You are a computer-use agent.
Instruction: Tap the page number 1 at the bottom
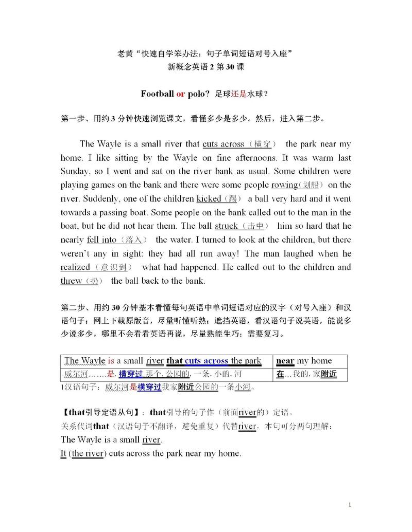coord(350,505)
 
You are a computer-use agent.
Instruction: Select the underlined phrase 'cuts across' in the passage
coord(223,144)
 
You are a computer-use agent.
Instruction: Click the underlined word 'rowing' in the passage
coord(285,185)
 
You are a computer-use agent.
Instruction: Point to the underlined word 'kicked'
coord(209,198)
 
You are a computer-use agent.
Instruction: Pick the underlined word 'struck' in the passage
coord(226,226)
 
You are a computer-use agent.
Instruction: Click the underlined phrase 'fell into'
coord(101,240)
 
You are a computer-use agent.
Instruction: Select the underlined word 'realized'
coord(75,267)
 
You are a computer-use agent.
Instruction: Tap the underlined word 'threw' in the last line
coord(71,281)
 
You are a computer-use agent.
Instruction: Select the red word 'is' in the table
coord(111,361)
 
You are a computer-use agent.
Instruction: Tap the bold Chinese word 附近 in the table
coord(329,374)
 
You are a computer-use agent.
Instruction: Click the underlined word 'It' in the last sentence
coord(63,453)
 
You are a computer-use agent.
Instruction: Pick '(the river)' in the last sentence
coord(87,453)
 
